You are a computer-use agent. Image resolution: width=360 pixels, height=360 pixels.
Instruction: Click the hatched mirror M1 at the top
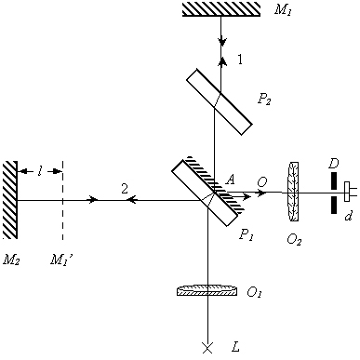pyautogui.click(x=220, y=9)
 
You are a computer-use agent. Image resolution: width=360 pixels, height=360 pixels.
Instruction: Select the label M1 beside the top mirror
pyautogui.click(x=284, y=10)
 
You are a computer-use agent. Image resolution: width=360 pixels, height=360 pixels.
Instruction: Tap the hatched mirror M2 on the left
pyautogui.click(x=10, y=200)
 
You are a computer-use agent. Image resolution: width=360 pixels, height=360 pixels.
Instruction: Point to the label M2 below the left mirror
pyautogui.click(x=11, y=260)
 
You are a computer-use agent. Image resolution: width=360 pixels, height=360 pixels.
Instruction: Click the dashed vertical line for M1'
pyautogui.click(x=62, y=200)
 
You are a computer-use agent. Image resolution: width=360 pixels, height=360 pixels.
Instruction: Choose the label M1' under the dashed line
pyautogui.click(x=62, y=260)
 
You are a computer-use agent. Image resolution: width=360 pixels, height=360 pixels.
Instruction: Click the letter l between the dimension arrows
pyautogui.click(x=40, y=171)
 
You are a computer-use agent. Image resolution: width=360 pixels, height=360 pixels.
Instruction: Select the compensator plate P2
pyautogui.click(x=220, y=101)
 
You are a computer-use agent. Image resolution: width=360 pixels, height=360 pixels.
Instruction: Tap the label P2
pyautogui.click(x=264, y=100)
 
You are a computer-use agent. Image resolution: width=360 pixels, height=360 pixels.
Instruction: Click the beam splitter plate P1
pyautogui.click(x=205, y=193)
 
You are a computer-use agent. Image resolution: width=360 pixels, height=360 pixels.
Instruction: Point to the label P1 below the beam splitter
pyautogui.click(x=247, y=235)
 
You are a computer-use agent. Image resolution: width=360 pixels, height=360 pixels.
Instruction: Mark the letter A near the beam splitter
pyautogui.click(x=230, y=180)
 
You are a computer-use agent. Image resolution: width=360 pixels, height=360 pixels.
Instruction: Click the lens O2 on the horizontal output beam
pyautogui.click(x=293, y=192)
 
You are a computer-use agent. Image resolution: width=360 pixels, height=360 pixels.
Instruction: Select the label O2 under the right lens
pyautogui.click(x=294, y=239)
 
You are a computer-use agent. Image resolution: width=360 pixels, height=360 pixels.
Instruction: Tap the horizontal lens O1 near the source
pyautogui.click(x=207, y=290)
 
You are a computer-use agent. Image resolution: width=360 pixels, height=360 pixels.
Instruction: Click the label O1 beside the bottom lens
pyautogui.click(x=254, y=292)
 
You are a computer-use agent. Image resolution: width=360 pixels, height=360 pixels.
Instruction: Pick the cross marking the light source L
pyautogui.click(x=207, y=348)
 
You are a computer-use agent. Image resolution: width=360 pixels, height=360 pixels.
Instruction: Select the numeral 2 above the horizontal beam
pyautogui.click(x=125, y=188)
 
